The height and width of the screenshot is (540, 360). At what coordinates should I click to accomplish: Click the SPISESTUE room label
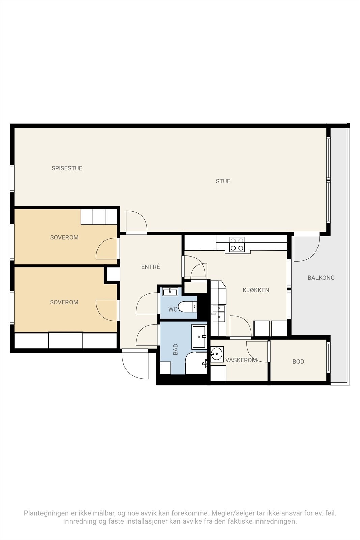[67, 168]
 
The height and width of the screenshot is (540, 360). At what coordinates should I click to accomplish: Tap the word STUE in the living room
[223, 181]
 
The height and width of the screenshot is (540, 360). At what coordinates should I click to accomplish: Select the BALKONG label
[321, 278]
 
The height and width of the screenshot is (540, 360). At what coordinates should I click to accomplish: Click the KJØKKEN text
[256, 290]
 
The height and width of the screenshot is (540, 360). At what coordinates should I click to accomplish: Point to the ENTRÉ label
[150, 267]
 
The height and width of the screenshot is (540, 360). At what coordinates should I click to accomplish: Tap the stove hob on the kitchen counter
[237, 244]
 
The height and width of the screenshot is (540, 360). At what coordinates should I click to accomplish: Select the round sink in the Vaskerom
[216, 354]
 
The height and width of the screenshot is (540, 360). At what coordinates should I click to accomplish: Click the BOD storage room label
[298, 362]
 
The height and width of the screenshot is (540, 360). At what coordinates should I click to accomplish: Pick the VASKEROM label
[241, 360]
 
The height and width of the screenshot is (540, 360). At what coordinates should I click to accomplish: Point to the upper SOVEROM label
[64, 237]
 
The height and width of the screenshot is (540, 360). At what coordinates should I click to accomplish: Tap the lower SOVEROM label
[64, 302]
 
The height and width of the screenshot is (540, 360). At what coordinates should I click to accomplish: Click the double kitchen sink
[219, 313]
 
